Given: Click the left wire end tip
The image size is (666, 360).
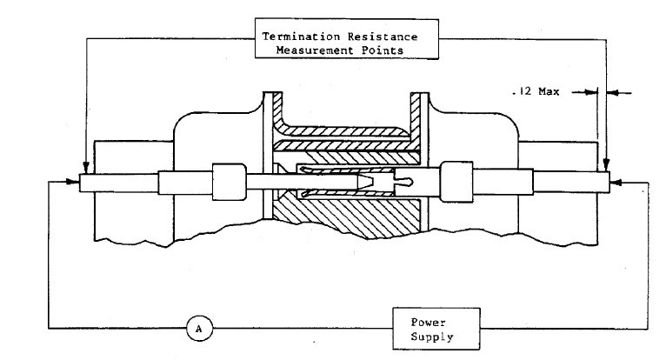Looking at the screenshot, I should pos(81,183).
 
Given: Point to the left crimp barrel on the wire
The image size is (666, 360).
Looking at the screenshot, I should pos(228,182).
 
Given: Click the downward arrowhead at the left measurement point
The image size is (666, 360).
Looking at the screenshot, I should pos(84,169).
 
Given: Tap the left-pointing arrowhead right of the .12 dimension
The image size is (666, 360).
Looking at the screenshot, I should pos(611,90).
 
